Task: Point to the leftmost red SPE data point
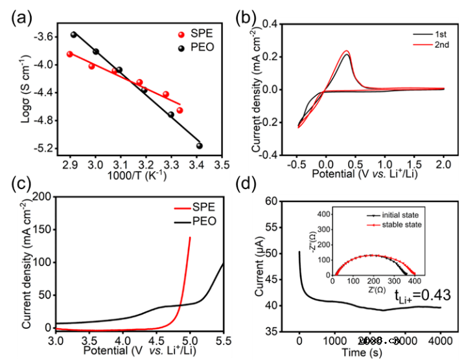pos(70,54)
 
